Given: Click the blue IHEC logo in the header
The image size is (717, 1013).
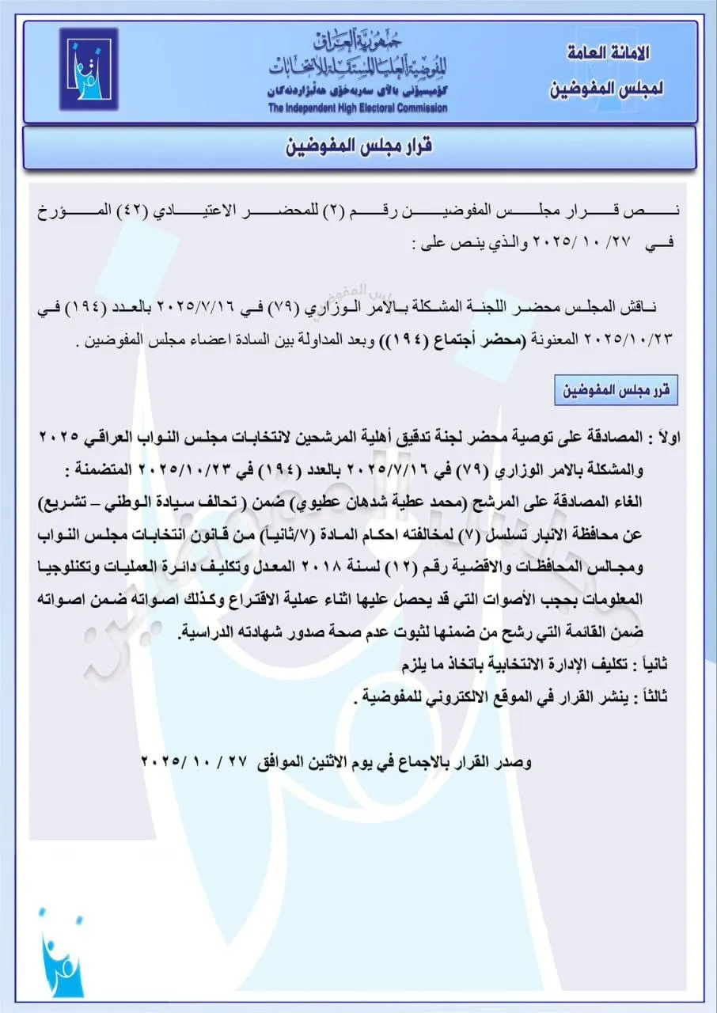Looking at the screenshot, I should click(89, 70).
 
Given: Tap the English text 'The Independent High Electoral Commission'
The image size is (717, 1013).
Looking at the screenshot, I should click(356, 108).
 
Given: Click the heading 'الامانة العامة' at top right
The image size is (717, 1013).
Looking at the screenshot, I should click(609, 54).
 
